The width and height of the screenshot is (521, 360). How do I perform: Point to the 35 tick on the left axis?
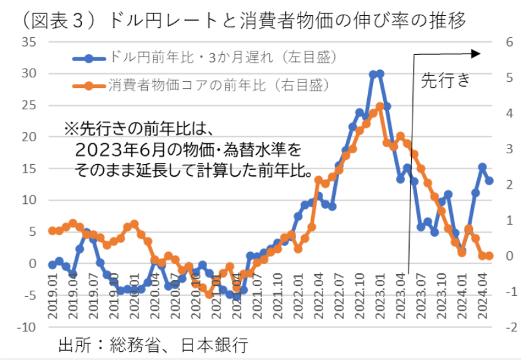pos(27,41)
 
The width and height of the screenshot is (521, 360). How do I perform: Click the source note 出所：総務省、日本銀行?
pos(153,345)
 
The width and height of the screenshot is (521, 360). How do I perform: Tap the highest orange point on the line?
pos(380,106)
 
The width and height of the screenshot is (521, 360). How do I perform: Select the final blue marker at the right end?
pos(490,181)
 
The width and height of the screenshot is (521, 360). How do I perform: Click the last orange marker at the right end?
pos(490,255)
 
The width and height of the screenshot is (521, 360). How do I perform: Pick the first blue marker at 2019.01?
pos(52,265)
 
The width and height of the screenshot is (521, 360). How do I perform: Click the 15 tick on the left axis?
pos(27,169)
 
